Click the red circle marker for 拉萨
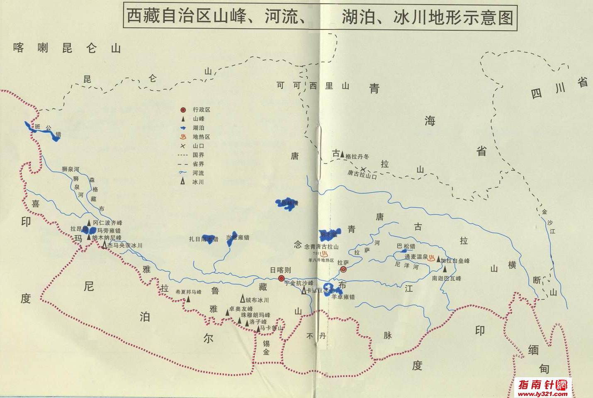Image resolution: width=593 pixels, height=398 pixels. pos(343,269)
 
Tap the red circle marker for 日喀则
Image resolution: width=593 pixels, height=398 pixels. pos(282,278)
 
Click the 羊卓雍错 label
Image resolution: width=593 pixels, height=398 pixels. pos(343,297)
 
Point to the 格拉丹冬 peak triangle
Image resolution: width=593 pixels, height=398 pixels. pos(342,155)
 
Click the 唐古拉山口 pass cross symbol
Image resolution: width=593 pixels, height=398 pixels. pos(363,169)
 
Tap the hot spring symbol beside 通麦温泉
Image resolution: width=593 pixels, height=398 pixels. pos(432,258)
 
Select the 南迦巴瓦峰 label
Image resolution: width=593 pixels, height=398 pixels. pos(446,278)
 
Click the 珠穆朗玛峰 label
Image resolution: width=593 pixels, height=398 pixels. pos(255,315)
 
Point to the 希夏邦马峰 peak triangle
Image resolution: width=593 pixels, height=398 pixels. pos(188,299)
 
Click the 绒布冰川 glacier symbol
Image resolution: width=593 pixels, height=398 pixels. pos(243,298)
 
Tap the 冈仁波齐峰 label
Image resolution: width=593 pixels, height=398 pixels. pos(107,223)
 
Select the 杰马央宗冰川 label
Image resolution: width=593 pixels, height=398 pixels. pos(124,245)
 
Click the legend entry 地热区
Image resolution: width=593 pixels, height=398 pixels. pos(201,137)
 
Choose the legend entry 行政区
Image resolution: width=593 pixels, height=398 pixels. pos(201,110)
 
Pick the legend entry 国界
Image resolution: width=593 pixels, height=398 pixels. pos(198,155)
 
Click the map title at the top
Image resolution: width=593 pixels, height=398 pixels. pos(320,17)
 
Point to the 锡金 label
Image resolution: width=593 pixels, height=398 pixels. pos(266,347)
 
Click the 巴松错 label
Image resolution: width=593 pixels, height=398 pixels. pos(406,246)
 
